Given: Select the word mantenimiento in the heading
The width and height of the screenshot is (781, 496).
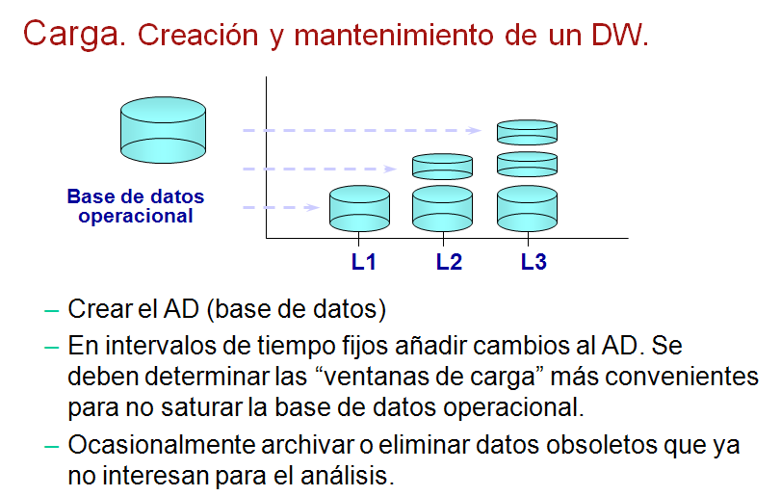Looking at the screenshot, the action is tap(394, 36).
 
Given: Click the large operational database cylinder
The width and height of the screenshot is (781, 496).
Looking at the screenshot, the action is tap(164, 130).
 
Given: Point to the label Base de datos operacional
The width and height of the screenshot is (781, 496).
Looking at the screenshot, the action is tap(136, 206).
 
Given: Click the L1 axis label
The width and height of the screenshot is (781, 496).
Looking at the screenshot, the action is tap(363, 261).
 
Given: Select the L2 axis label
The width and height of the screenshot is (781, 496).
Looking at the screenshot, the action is tap(449, 261).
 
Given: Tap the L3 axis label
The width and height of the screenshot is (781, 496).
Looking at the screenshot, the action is tap(534, 261).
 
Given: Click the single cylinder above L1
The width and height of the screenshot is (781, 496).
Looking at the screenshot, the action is tap(359, 209).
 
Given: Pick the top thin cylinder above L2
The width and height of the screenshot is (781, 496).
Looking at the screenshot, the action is tap(443, 167).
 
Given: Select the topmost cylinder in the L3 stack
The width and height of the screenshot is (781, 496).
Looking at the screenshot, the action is tap(528, 132).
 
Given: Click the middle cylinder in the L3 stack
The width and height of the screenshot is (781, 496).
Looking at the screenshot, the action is tap(528, 164).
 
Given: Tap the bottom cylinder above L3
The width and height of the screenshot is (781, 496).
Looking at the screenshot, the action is tap(528, 209).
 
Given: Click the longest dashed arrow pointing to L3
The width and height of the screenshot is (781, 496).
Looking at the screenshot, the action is tap(362, 130).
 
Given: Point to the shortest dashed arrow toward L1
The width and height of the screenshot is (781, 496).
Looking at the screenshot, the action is tap(281, 207).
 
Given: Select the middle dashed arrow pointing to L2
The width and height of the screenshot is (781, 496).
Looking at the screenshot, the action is tap(320, 169).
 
